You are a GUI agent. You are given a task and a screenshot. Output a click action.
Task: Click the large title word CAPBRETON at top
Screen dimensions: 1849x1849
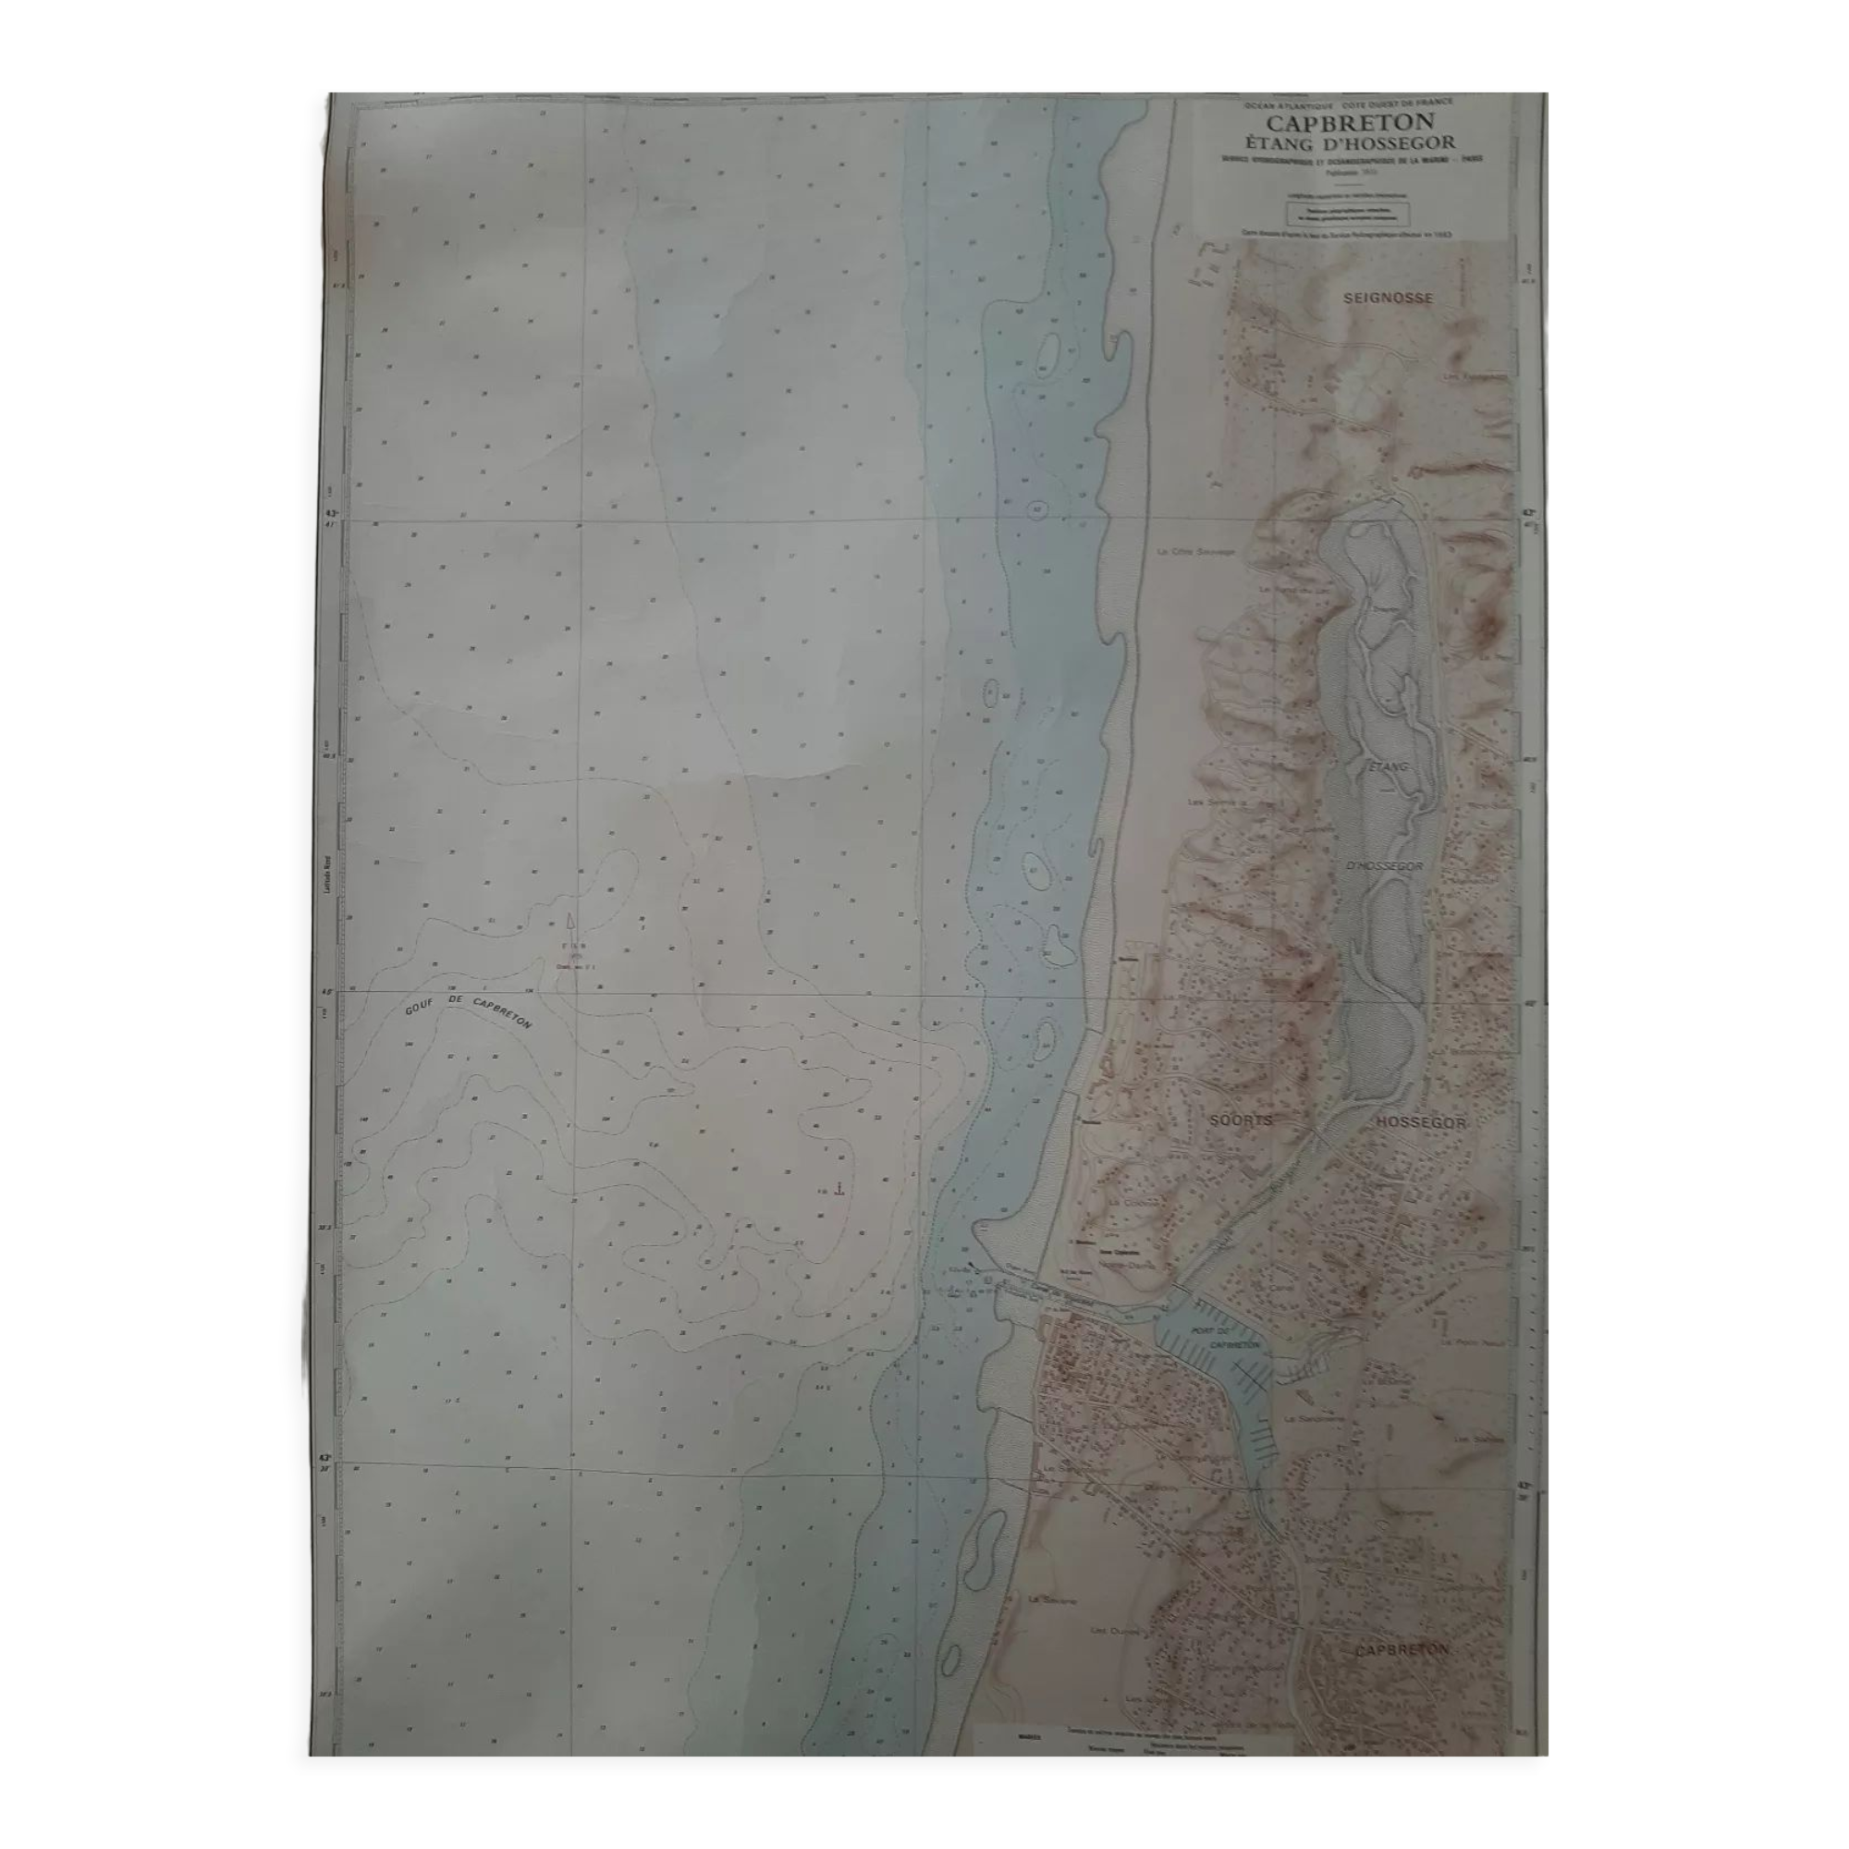(x=1351, y=124)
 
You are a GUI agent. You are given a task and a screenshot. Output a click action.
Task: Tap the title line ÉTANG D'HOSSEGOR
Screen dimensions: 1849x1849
(x=1350, y=144)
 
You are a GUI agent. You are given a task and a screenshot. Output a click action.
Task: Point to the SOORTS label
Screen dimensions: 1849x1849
(x=1240, y=1120)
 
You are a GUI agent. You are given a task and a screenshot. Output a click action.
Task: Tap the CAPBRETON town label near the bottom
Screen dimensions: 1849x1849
(x=1402, y=1649)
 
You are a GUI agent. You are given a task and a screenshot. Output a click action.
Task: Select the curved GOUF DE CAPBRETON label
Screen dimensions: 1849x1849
(x=468, y=1011)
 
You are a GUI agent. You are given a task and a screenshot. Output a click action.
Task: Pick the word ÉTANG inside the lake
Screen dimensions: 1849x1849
(x=1388, y=766)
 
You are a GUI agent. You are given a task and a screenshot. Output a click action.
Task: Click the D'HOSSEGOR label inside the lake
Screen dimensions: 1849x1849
(x=1384, y=866)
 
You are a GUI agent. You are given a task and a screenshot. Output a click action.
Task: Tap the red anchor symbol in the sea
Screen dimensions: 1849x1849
(x=839, y=1189)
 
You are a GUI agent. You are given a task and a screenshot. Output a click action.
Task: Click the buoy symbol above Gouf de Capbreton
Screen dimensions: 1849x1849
(x=570, y=924)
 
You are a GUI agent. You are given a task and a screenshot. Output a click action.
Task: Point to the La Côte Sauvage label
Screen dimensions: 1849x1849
(x=1196, y=551)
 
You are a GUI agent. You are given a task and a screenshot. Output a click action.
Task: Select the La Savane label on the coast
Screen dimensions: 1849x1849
(x=1053, y=1599)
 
